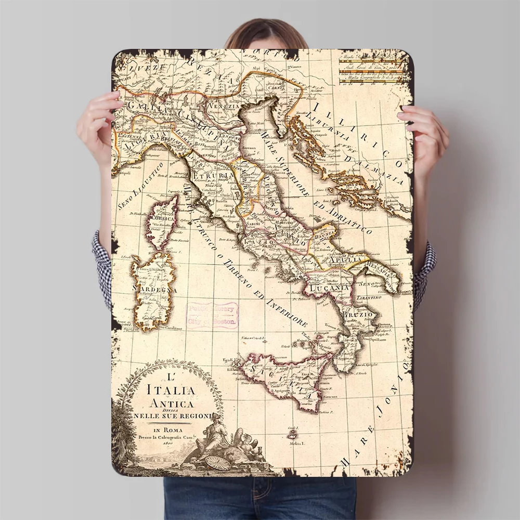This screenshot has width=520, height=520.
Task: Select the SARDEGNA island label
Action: pyautogui.click(x=155, y=289)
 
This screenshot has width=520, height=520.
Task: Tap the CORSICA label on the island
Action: pyautogui.click(x=162, y=219)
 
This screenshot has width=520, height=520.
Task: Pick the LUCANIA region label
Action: pyautogui.click(x=328, y=288)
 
